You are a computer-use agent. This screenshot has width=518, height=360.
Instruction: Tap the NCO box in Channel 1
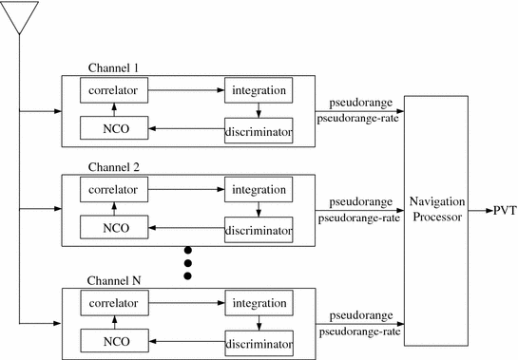tap(113, 129)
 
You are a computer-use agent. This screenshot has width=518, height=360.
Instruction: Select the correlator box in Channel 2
tap(113, 190)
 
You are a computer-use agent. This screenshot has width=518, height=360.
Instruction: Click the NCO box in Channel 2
tap(113, 227)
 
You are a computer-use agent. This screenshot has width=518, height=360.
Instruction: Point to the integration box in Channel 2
tap(259, 190)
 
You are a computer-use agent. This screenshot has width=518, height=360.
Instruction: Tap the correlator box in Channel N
tap(113, 304)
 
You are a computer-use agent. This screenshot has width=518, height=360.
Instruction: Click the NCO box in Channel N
tap(113, 339)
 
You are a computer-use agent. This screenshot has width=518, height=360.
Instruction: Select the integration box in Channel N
tap(259, 304)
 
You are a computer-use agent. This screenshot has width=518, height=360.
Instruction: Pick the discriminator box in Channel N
tap(259, 341)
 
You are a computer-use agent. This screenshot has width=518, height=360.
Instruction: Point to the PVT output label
tap(504, 211)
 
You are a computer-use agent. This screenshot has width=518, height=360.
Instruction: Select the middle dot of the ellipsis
tap(187, 262)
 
